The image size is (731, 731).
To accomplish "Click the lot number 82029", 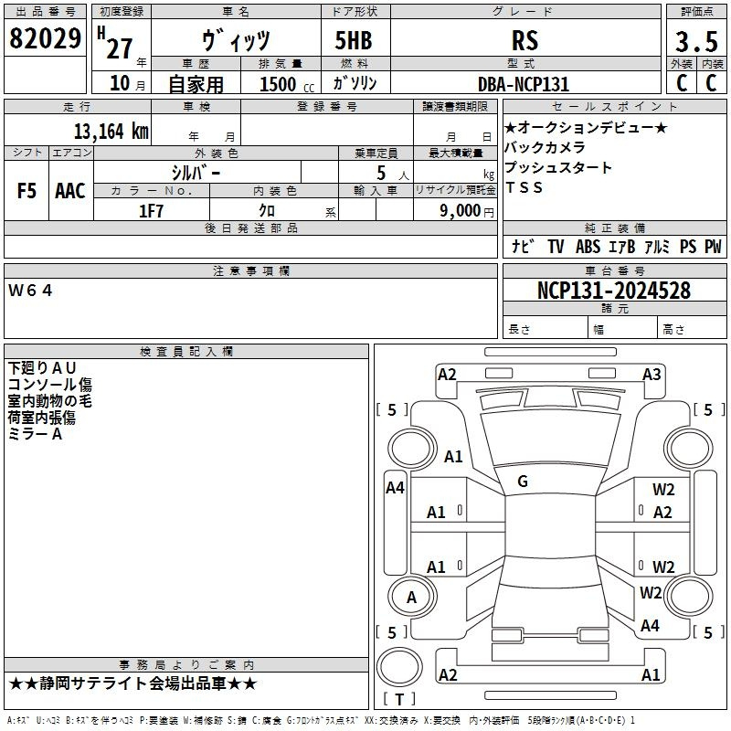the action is click(x=45, y=38).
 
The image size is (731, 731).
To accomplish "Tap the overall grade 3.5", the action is click(x=696, y=41).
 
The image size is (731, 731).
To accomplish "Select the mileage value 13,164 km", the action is click(x=111, y=131).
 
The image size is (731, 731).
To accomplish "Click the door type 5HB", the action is click(x=354, y=40).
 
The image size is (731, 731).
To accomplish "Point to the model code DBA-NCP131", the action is click(x=524, y=84).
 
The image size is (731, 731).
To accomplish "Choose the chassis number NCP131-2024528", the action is click(x=614, y=291).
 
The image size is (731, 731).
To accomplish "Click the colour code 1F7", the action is click(x=151, y=211).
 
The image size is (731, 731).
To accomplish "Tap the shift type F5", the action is click(x=26, y=191).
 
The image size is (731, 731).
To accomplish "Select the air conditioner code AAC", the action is click(x=70, y=191).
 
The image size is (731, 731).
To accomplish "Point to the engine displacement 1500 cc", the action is click(x=287, y=84).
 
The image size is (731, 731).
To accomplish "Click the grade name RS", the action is click(x=524, y=40).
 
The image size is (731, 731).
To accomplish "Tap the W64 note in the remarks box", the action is click(x=30, y=291).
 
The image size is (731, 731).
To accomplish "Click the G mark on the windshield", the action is click(x=523, y=482).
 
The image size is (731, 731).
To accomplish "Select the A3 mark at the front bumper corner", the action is click(x=652, y=375).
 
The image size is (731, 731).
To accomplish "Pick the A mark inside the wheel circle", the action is click(x=411, y=598).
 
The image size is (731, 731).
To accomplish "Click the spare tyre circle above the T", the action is click(x=399, y=667).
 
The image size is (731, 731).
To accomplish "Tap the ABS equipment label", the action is click(x=588, y=247).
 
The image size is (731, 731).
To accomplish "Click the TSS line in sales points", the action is click(x=524, y=187).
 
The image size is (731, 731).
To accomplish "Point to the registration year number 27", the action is click(x=120, y=48).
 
